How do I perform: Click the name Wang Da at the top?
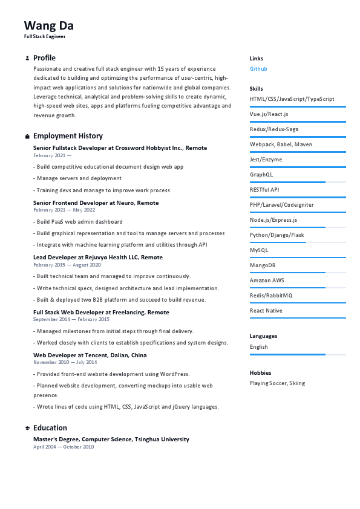point(49,25)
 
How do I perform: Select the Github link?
point(258,69)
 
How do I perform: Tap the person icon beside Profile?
point(27,59)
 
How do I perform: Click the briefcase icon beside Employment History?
point(27,137)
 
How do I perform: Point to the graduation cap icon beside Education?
point(27,428)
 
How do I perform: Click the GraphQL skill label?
point(261,175)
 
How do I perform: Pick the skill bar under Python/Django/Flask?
point(298,242)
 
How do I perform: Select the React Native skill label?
point(266,311)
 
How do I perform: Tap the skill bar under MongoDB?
point(298,273)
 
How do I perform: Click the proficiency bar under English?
point(298,354)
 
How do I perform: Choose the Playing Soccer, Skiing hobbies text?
point(277,383)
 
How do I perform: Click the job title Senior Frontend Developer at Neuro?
point(96,203)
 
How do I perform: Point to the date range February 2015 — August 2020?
point(67,265)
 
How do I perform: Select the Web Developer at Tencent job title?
point(90,355)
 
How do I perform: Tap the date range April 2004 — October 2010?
point(64,447)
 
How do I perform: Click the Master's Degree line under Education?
point(111,439)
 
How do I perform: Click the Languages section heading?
point(263,336)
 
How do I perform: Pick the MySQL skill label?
point(259,250)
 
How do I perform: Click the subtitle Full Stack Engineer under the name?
point(45,36)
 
